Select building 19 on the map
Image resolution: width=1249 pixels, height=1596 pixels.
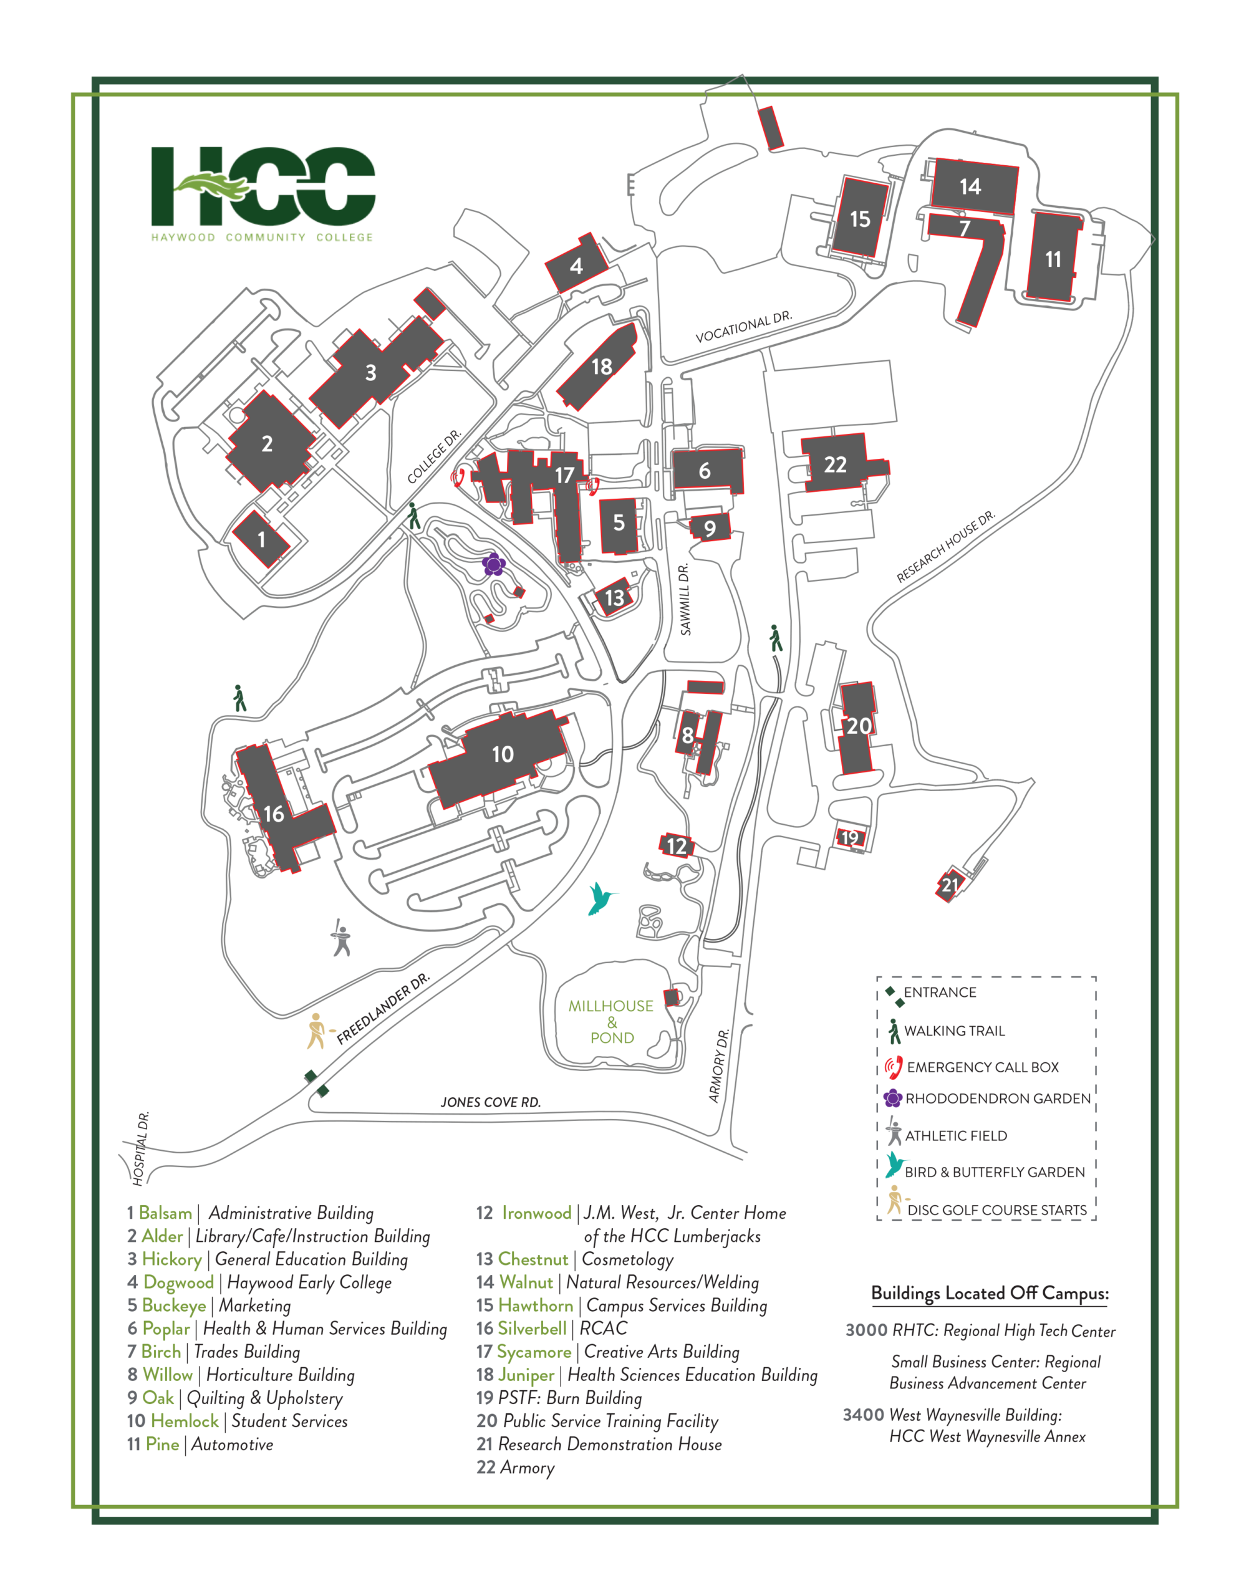850,838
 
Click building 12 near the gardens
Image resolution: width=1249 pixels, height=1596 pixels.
677,846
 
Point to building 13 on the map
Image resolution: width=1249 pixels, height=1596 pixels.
614,597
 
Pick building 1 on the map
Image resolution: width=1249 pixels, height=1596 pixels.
261,539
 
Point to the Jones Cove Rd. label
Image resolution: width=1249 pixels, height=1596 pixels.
490,1102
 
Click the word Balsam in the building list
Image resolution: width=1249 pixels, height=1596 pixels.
165,1213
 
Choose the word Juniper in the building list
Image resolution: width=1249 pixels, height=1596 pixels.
526,1375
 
